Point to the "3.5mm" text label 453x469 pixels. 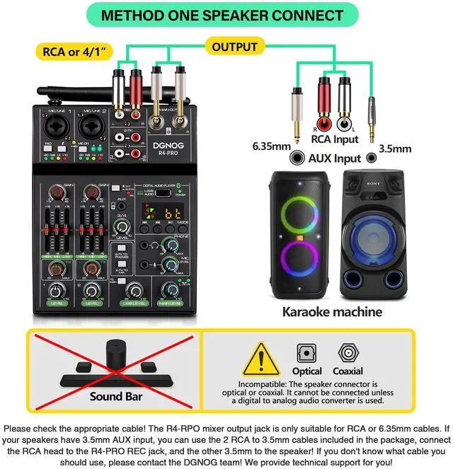pos(395,149)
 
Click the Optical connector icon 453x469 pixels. pos(307,352)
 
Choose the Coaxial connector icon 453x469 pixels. pos(348,352)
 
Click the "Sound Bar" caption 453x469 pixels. pos(116,396)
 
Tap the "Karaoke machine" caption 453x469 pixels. pos(333,311)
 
